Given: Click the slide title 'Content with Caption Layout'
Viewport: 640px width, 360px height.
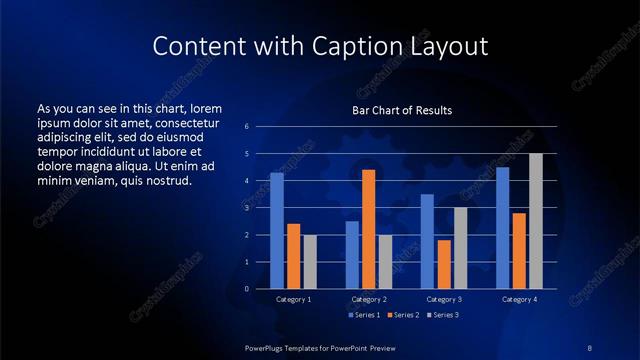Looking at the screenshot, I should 320,46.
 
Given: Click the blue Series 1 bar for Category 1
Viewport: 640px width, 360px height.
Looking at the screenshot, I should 277,231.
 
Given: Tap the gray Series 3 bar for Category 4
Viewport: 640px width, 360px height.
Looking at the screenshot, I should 535,221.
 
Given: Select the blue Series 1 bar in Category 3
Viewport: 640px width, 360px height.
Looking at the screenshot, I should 427,241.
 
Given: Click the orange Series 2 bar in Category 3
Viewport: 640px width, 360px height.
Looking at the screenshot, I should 443,264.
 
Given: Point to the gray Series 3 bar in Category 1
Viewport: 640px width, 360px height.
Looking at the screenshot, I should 309,262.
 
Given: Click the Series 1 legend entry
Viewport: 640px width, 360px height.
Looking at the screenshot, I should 363,315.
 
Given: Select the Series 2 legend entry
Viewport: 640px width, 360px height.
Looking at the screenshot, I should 403,315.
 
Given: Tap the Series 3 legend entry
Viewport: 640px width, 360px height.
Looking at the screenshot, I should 442,315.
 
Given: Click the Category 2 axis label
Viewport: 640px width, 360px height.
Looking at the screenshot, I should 368,300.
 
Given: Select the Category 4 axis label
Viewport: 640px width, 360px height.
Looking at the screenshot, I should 518,300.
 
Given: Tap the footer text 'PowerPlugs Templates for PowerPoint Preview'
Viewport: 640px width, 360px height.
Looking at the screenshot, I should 320,347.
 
